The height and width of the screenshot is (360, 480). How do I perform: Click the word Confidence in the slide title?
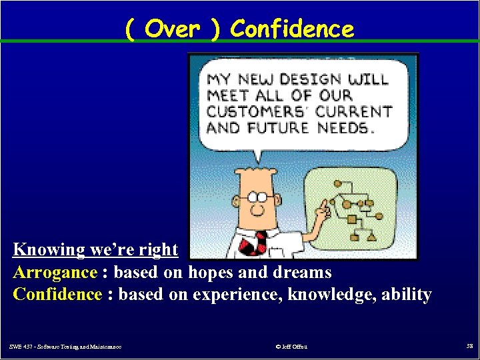292,29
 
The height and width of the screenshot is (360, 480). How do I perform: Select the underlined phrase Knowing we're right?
95,250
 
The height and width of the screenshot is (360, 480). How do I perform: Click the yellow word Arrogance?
55,272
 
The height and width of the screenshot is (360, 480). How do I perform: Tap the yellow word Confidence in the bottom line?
58,294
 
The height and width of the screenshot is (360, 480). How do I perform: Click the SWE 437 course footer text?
65,346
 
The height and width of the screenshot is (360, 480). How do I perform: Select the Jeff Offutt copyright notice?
291,346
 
